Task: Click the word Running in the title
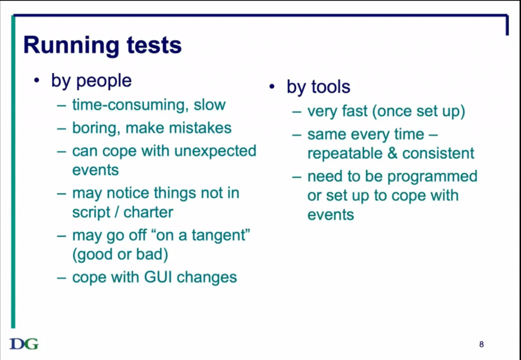71,46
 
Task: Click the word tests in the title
154,45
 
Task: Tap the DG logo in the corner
24,344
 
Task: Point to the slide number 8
481,344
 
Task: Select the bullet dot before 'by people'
37,81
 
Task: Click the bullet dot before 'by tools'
272,87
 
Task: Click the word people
104,81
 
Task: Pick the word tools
331,87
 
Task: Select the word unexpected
215,152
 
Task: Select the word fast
354,112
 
